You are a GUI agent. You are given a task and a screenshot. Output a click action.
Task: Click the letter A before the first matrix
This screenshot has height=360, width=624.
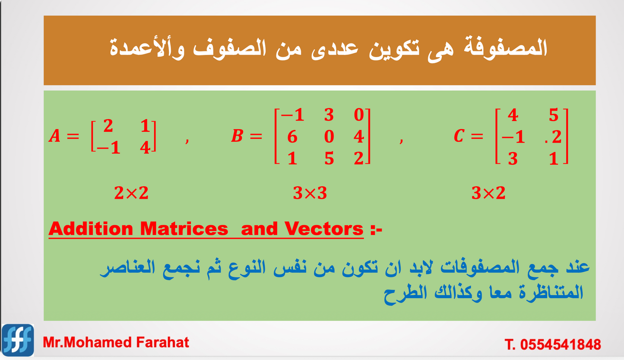(x=54, y=137)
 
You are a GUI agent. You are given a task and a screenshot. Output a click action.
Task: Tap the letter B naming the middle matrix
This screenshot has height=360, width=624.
(x=237, y=137)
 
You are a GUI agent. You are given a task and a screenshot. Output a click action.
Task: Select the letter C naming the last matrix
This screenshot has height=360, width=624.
(x=459, y=137)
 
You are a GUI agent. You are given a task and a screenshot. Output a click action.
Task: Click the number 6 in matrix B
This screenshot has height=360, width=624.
(x=292, y=137)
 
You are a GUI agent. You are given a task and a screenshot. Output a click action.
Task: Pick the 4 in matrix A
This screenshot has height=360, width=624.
(x=145, y=148)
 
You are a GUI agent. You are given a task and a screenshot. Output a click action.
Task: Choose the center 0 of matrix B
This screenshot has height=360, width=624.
(x=329, y=137)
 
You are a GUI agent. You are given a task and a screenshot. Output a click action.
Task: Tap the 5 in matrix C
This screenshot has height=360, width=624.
(x=554, y=115)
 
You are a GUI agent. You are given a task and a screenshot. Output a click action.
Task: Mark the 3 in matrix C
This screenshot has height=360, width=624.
(x=513, y=159)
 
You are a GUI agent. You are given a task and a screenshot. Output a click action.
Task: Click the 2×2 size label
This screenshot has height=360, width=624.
(x=131, y=193)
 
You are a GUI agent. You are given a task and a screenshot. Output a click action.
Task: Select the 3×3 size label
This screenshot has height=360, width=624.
(x=310, y=193)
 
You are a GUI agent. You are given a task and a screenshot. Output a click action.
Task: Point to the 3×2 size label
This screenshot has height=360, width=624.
(x=488, y=193)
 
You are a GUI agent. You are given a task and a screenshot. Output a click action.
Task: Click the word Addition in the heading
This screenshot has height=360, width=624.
(x=91, y=229)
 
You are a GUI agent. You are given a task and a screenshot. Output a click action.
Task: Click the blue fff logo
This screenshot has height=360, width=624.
(x=18, y=340)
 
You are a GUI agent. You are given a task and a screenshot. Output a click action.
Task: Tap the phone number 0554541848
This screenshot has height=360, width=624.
(x=561, y=344)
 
